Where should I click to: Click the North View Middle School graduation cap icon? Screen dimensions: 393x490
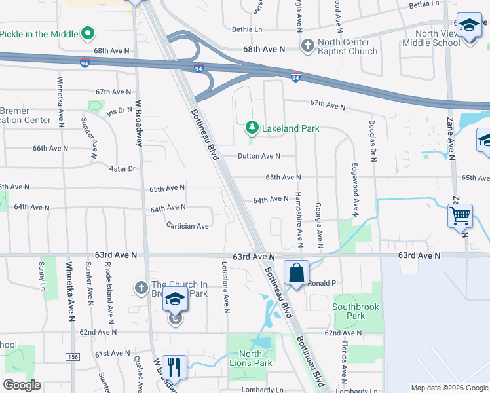click(468, 26)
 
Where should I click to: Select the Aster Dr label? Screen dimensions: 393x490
click(122, 168)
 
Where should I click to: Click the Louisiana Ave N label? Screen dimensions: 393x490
click(225, 288)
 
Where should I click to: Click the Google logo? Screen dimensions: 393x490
click(22, 385)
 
